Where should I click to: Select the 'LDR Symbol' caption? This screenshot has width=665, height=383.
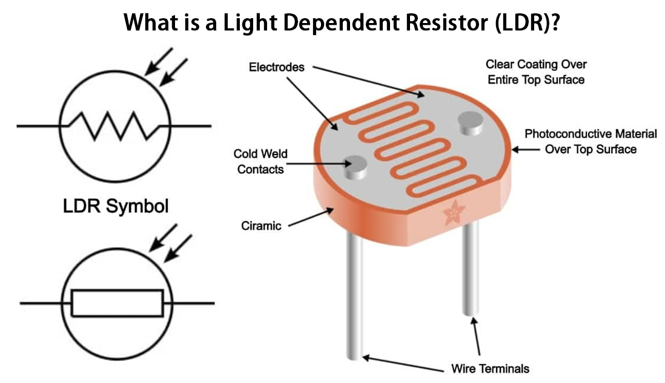point(116,206)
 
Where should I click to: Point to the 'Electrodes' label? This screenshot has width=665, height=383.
point(277,67)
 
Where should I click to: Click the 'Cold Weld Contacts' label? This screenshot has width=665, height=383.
point(260,162)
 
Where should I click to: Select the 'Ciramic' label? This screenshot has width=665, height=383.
point(261,226)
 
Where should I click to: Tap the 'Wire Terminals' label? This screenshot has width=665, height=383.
point(491,368)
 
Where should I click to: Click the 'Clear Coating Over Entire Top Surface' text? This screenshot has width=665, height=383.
point(536,72)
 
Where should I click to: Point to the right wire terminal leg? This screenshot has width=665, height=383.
point(471,273)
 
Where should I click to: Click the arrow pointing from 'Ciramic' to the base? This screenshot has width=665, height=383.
point(309,218)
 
